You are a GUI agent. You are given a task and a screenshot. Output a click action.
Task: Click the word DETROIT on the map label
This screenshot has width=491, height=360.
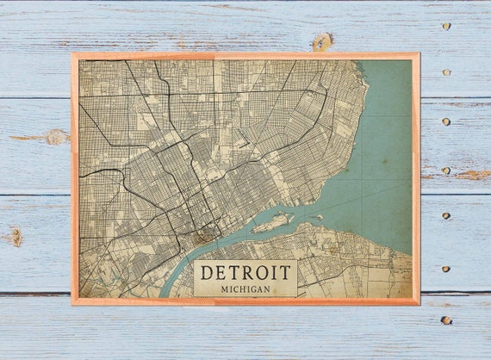[245, 273]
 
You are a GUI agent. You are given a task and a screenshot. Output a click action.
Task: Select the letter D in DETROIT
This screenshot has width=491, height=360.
[206, 273]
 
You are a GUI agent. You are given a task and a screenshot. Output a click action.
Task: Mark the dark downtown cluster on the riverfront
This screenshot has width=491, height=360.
[204, 234]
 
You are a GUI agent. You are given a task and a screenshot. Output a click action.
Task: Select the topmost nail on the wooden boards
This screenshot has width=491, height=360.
[445, 26]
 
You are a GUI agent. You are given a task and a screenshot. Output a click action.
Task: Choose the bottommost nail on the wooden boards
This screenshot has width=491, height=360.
[445, 320]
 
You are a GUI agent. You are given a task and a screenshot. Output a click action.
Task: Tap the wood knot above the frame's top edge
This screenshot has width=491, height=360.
[322, 41]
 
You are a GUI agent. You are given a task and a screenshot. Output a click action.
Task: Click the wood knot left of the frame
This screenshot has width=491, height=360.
[55, 136]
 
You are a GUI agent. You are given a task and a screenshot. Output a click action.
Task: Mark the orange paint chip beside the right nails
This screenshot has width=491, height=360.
[472, 175]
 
